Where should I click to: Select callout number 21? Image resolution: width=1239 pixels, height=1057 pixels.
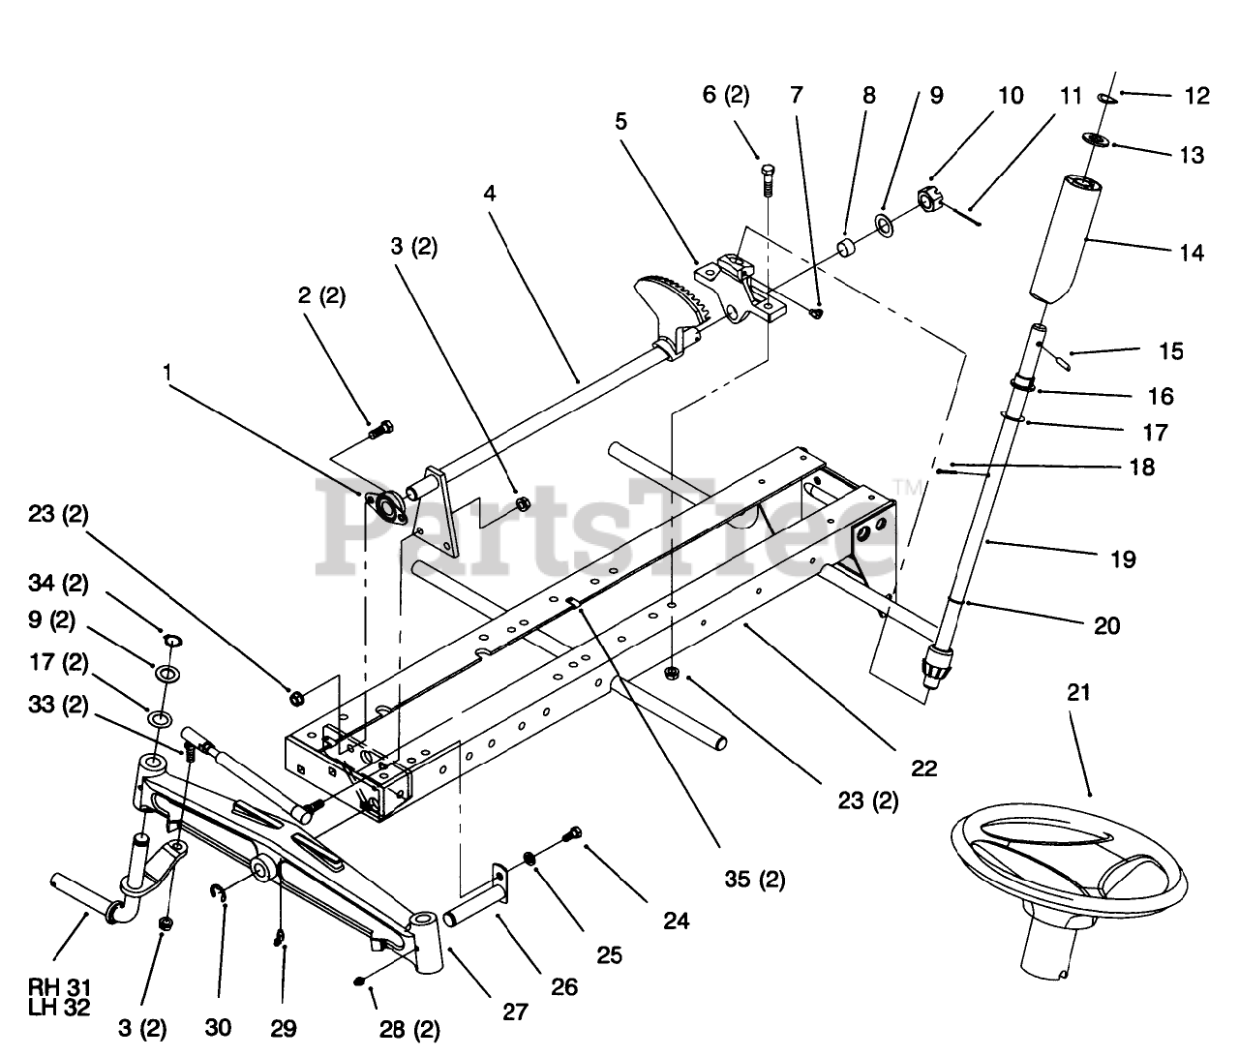point(1078,692)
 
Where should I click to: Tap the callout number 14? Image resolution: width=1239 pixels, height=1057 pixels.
point(1192,253)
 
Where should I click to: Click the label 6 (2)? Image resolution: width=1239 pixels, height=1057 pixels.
point(725,95)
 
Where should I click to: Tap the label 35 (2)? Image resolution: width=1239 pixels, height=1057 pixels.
point(755,880)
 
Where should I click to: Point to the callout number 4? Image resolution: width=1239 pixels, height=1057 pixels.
point(491,193)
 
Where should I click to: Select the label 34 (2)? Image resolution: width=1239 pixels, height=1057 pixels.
point(59,584)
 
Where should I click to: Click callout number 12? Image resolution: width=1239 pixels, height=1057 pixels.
point(1196,96)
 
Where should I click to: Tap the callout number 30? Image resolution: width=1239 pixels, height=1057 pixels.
point(218,1027)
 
